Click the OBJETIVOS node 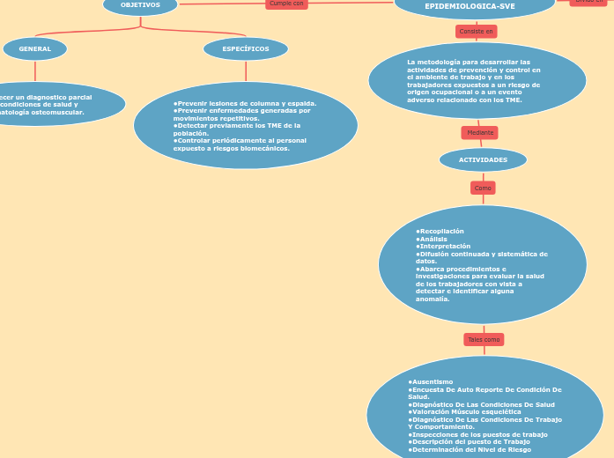[x=140, y=5]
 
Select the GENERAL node [x=35, y=49]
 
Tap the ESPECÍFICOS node [x=246, y=49]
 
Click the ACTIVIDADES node [x=483, y=160]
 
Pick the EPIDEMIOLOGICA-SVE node [x=470, y=6]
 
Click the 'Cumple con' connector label [x=286, y=4]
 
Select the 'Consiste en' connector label [x=477, y=32]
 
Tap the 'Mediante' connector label [x=480, y=133]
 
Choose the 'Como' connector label [x=483, y=188]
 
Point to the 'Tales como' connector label [x=484, y=339]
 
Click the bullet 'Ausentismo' [x=433, y=381]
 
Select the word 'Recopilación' [x=440, y=231]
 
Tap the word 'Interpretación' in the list [x=444, y=247]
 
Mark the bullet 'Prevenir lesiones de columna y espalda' [x=246, y=103]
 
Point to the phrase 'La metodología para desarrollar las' [x=456, y=63]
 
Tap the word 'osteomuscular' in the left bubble [x=54, y=112]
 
